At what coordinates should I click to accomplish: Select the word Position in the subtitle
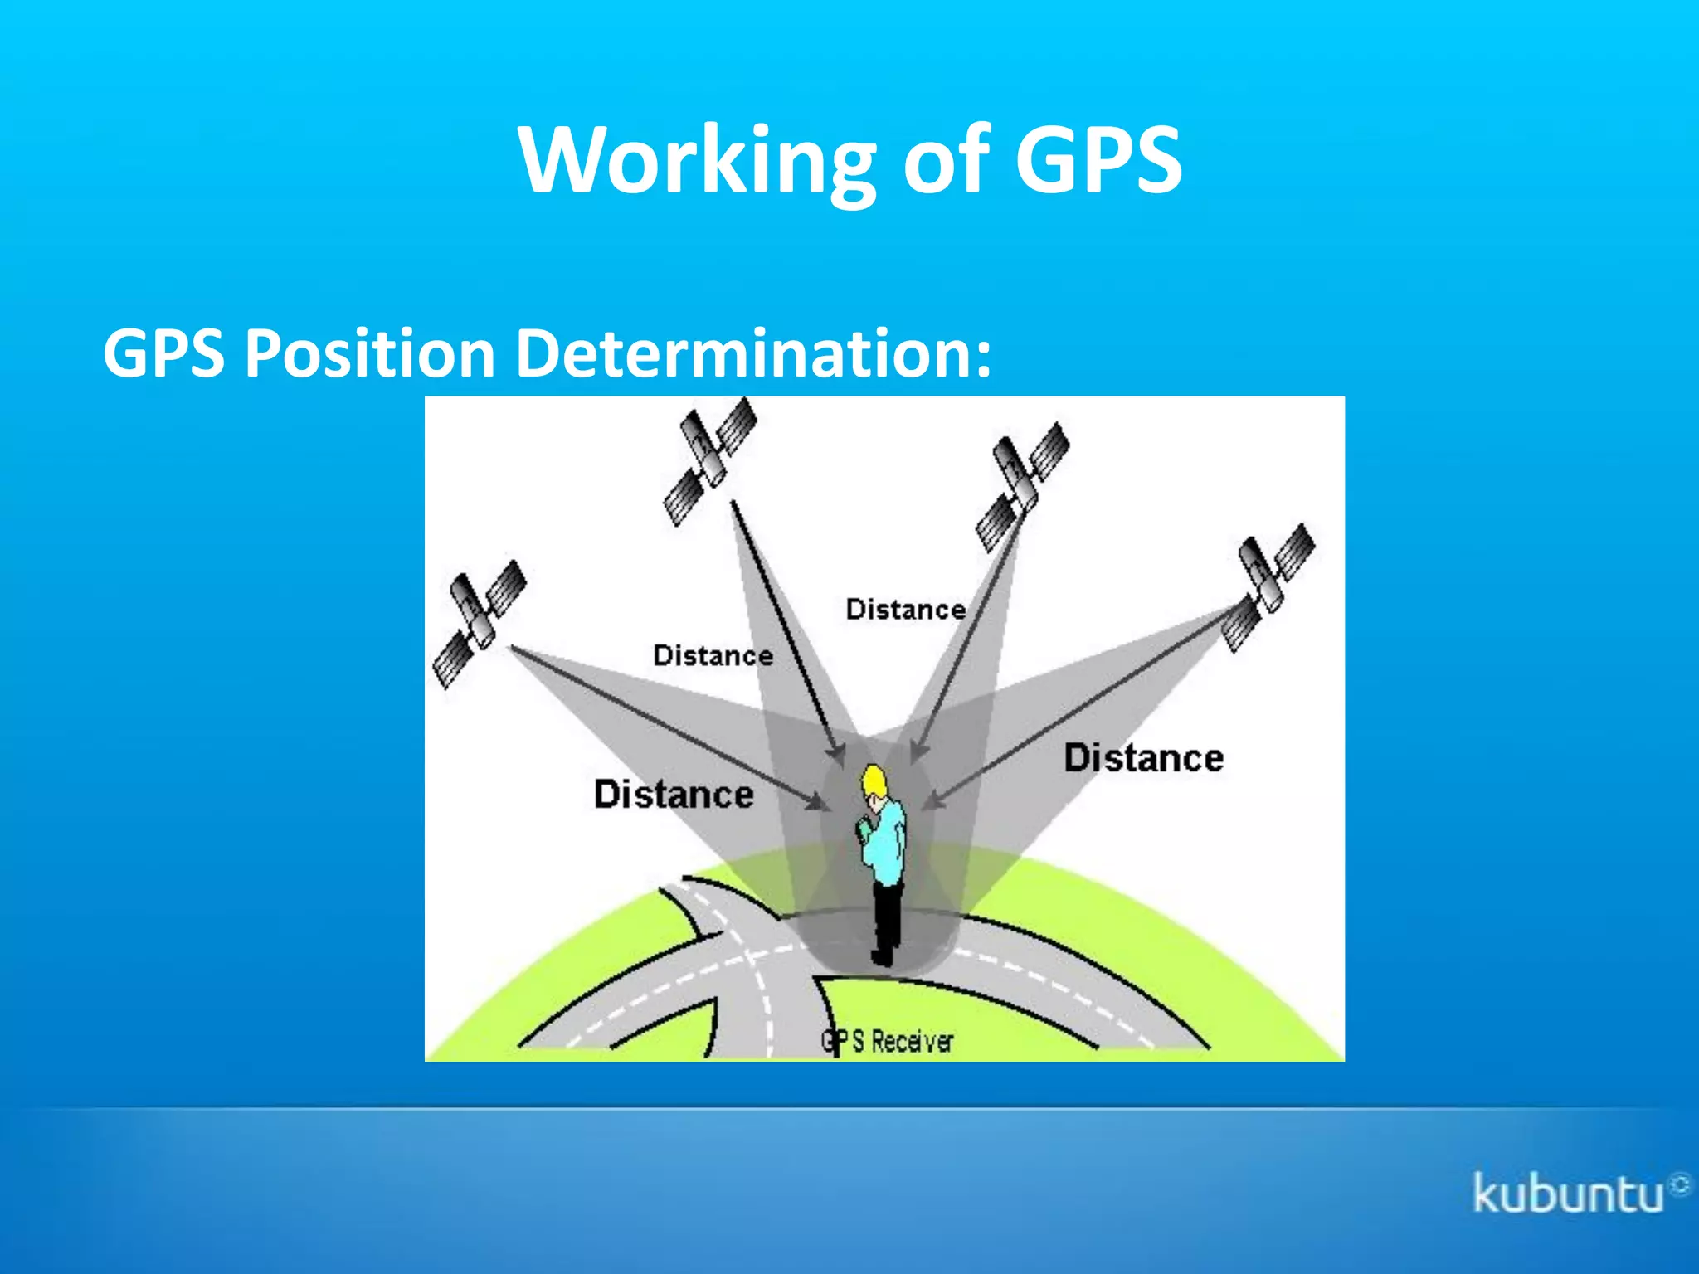(370, 353)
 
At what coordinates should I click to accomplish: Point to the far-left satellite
(480, 624)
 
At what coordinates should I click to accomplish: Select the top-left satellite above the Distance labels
(710, 461)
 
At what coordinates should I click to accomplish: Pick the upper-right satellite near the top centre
(1022, 487)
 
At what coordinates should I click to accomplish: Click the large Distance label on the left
(674, 795)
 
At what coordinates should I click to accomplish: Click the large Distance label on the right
(1143, 758)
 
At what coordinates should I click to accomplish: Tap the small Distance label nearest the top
(905, 610)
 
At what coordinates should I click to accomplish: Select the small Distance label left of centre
(713, 655)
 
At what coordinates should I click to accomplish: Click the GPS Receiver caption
(887, 1042)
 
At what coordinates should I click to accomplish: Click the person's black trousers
(887, 917)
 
